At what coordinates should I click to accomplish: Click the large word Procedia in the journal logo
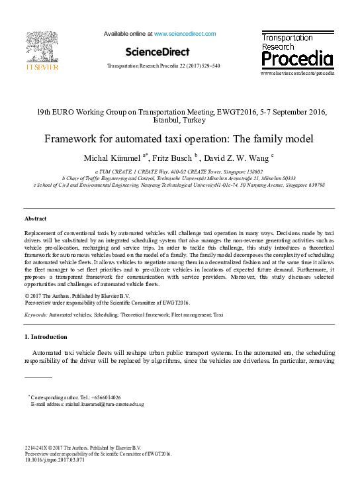(296, 60)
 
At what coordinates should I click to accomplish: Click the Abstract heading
(36, 218)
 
